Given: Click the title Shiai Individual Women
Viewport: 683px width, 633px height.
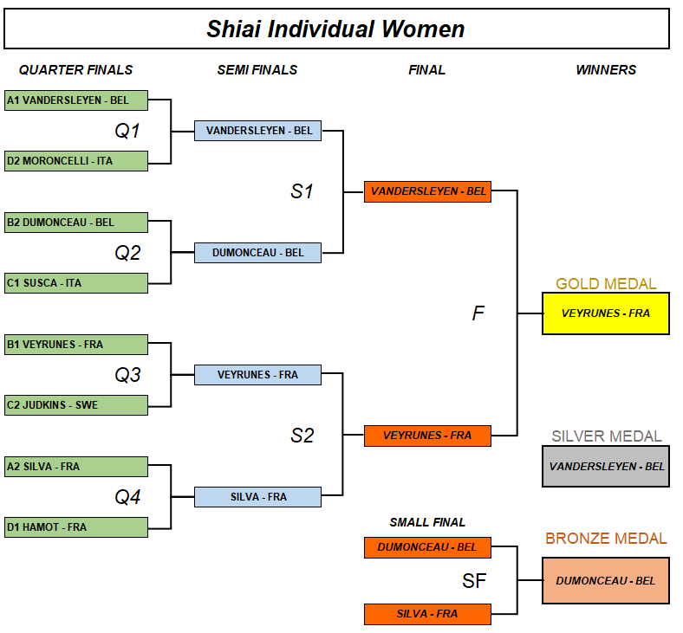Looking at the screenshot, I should coord(335,29).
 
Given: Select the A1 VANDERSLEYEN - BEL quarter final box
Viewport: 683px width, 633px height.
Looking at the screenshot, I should coord(76,100).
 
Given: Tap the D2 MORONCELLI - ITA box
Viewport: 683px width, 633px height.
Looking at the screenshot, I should coord(76,160).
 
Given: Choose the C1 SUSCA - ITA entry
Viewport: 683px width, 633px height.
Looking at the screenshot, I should coord(76,282).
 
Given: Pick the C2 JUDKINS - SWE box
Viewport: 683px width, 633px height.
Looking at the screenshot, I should coord(76,404).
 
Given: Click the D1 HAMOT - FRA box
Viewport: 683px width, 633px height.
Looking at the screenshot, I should coord(76,526).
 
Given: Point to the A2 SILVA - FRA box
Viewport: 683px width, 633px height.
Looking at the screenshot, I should coord(76,466).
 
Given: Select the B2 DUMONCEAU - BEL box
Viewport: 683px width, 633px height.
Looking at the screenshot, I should coord(76,222).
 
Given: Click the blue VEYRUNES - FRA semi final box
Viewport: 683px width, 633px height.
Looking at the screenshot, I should coord(257,375).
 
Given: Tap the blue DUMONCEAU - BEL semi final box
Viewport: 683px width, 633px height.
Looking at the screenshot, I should coord(257,253).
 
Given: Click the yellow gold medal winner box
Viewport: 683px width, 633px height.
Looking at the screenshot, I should coord(605,313).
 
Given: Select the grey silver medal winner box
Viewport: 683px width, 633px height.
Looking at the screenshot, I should coord(605,466).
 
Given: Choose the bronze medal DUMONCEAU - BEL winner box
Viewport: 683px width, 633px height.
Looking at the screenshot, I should coord(605,580).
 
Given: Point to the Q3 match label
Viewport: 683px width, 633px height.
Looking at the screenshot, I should coord(127,375).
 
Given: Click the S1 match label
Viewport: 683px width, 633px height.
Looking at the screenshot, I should coord(302,191).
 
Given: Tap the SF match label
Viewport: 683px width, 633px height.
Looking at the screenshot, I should coord(474,581).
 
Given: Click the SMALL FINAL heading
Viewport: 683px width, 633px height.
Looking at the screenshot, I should coord(427,522).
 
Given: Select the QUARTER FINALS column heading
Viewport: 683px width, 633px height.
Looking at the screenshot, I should coord(76,70).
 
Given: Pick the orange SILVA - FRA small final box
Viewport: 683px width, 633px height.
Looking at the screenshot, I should coord(427,614).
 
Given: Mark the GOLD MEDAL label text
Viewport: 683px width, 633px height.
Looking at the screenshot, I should coord(606,284).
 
